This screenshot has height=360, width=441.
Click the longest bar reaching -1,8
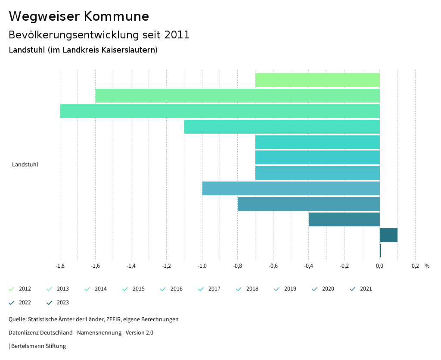coord(220,111)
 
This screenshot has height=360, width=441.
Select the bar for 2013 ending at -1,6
coord(237,96)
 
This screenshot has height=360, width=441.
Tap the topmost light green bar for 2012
coord(317,80)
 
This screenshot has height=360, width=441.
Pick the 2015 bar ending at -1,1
coord(282,127)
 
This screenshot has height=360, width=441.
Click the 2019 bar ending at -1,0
coord(291,188)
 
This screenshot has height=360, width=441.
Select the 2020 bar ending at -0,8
coord(308,204)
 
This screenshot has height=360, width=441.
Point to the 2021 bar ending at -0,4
coord(344,219)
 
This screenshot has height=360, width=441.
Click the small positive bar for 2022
coord(388,235)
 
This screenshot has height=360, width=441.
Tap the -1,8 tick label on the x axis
coord(60,266)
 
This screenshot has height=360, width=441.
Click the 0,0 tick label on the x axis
coord(379,266)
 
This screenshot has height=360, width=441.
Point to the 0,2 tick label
coord(415,266)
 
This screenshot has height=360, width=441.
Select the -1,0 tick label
coord(202,266)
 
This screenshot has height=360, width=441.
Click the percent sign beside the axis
coord(427,266)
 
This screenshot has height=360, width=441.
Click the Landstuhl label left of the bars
coord(25,165)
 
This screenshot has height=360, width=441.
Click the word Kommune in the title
coord(116,16)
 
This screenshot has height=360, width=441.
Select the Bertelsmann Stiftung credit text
coord(38,346)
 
